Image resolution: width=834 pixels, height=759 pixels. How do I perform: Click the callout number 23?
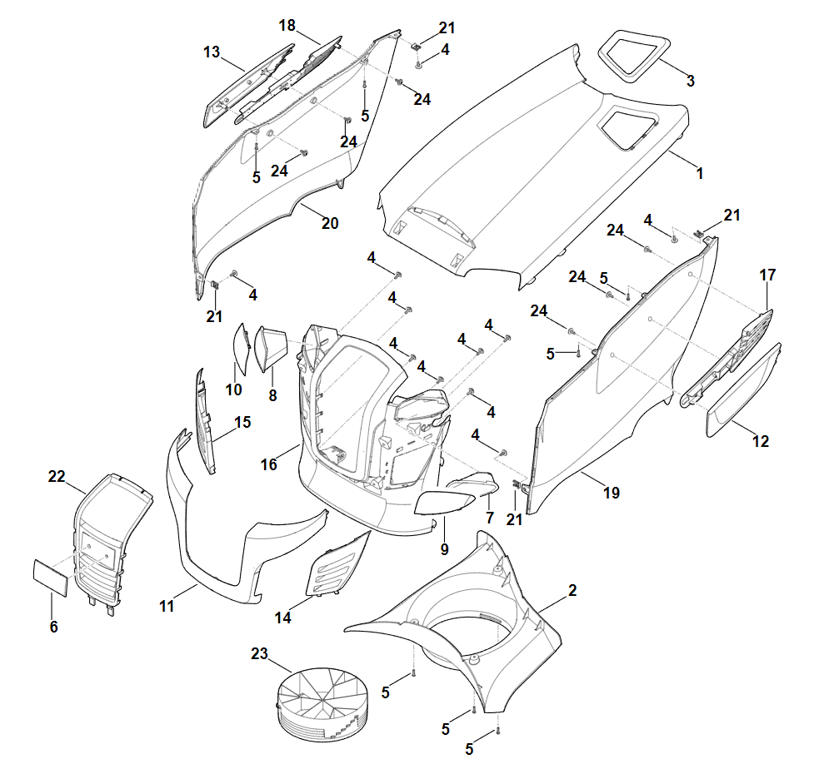point(259,654)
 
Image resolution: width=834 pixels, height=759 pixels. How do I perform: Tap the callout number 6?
point(54,627)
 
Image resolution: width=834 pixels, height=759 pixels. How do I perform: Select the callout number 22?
point(57,476)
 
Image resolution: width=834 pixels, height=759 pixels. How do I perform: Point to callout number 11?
point(167,607)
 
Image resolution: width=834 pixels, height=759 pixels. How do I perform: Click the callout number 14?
point(283,618)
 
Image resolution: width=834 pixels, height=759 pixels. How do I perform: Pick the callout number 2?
point(572,590)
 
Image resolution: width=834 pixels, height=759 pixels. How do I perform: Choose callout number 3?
point(691,81)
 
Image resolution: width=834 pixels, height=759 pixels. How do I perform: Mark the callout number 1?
point(700,174)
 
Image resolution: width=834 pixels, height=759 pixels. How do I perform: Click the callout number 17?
point(767,275)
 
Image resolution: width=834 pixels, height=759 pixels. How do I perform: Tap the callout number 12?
point(761,442)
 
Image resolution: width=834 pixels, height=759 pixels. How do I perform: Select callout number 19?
point(612,493)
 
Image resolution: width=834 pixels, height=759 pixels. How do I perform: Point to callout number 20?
point(330,223)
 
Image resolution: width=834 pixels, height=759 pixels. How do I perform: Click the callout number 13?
point(212,52)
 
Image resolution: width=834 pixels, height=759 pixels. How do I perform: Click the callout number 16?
point(269,464)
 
